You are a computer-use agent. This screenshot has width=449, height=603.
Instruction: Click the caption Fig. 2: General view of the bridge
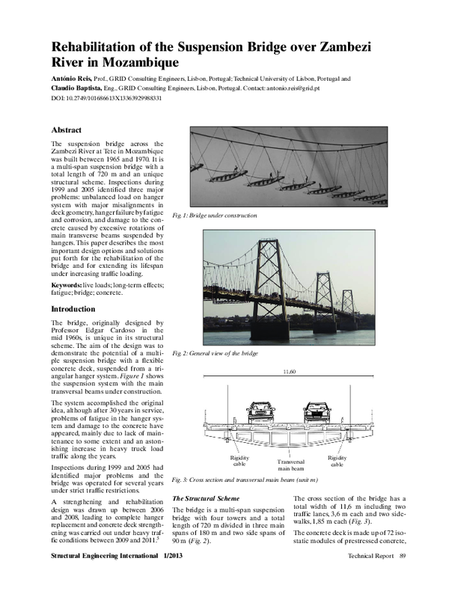pos(215,352)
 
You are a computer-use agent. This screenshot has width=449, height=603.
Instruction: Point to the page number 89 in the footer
pos(403,577)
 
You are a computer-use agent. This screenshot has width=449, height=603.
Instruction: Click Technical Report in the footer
pos(370,577)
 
